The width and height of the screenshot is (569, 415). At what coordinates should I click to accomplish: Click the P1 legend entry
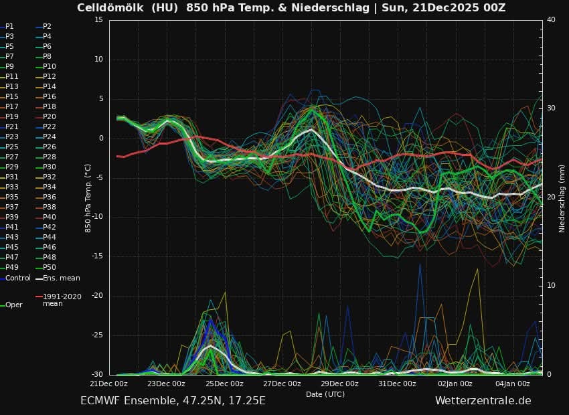(9, 26)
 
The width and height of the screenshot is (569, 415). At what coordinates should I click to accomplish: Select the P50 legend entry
(50, 268)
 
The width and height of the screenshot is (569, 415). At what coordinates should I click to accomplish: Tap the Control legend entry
(17, 278)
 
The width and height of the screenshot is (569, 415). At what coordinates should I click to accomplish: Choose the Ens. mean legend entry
(61, 278)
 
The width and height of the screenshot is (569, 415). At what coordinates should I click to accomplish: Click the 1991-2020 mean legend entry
(62, 300)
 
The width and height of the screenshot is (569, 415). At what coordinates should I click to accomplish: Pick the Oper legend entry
(13, 305)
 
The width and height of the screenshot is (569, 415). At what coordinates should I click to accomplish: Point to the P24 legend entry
(50, 137)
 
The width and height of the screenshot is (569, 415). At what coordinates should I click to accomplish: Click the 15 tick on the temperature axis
(98, 19)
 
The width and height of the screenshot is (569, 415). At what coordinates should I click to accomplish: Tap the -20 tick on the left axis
(97, 296)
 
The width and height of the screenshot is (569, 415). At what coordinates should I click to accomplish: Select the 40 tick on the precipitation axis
(551, 19)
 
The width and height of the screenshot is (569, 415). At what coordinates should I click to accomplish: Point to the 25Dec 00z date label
(224, 384)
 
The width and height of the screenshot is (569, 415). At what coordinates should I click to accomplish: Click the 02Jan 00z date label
(455, 384)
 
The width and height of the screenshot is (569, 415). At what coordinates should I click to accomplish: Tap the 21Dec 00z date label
(108, 384)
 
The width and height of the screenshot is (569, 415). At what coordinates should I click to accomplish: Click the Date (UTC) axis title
(325, 394)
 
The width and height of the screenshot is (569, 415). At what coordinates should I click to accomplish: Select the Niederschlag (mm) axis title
(562, 198)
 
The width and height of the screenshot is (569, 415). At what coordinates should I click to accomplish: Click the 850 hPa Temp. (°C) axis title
(88, 198)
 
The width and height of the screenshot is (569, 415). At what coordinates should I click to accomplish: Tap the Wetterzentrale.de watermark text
(483, 400)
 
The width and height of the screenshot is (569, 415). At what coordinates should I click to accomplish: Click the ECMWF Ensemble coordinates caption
(173, 400)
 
